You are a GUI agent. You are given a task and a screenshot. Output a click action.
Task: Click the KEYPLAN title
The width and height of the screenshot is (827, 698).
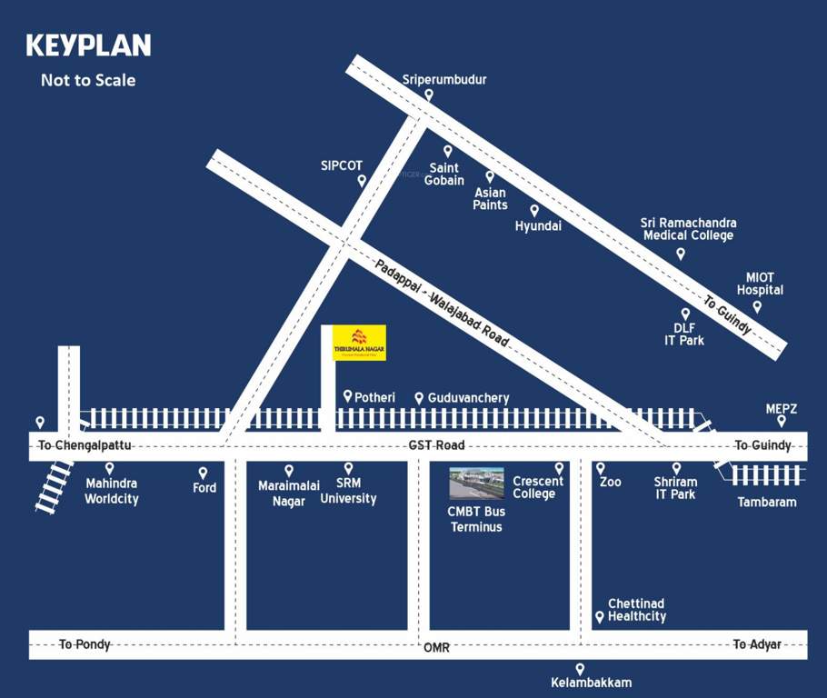pyautogui.click(x=88, y=45)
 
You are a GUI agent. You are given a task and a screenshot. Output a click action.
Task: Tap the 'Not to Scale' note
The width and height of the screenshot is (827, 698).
pyautogui.click(x=88, y=80)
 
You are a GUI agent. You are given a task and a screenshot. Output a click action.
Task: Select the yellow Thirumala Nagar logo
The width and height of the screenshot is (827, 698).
pyautogui.click(x=359, y=343)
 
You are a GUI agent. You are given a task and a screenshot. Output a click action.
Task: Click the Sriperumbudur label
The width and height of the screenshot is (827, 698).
pyautogui.click(x=444, y=80)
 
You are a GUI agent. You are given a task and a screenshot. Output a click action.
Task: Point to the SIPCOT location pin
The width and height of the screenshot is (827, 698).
pyautogui.click(x=362, y=181)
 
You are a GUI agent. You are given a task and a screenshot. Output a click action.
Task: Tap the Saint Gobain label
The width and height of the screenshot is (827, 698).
pyautogui.click(x=444, y=174)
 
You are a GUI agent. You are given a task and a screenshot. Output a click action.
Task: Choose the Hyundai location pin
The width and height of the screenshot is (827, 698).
pyautogui.click(x=534, y=211)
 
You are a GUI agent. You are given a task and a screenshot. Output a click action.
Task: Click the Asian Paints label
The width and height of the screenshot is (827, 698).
pyautogui.click(x=490, y=198)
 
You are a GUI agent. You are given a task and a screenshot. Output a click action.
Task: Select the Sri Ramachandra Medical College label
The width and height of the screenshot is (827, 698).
pyautogui.click(x=688, y=229)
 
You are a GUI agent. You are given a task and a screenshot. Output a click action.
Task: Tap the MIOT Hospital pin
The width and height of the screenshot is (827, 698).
pyautogui.click(x=757, y=307)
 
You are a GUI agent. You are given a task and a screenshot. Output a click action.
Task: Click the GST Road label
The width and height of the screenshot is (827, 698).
pyautogui.click(x=437, y=445)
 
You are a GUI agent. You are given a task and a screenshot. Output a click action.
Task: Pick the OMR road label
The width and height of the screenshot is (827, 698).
pyautogui.click(x=436, y=647)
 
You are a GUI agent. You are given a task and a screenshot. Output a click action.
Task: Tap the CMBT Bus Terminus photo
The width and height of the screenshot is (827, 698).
pyautogui.click(x=476, y=484)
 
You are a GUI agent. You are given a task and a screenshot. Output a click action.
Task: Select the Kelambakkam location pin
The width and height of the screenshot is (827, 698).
pyautogui.click(x=580, y=669)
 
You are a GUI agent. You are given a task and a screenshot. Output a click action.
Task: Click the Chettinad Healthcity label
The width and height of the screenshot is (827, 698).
pyautogui.click(x=636, y=610)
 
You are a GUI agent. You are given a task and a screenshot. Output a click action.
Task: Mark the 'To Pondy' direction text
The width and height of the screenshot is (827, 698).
pyautogui.click(x=85, y=644)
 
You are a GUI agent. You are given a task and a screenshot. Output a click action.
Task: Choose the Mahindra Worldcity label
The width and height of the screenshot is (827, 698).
pyautogui.click(x=112, y=491)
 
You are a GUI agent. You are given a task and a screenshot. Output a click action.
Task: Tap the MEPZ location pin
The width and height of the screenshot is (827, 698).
pyautogui.click(x=781, y=421)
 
